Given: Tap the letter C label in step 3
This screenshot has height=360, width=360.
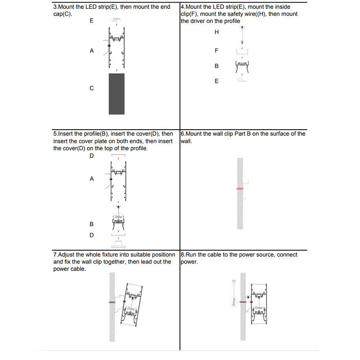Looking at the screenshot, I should tap(92, 88).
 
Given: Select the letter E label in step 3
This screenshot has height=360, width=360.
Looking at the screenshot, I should tap(92, 21).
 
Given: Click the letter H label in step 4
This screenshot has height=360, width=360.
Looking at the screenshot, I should tap(216, 32).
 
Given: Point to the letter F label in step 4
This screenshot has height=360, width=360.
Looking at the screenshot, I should tap(216, 51).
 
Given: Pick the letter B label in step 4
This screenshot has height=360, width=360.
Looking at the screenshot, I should tap(216, 66).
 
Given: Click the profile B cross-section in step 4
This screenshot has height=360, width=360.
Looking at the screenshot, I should tap(242, 67).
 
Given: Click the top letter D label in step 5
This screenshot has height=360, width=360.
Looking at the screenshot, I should tap(92, 156).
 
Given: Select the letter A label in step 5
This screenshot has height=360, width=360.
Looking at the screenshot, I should tap(92, 179).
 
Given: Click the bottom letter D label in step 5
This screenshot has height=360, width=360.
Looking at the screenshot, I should tap(92, 235).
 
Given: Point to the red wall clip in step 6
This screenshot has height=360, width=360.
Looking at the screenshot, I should tap(240, 188).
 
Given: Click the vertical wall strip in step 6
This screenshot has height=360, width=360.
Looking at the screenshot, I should tap(240, 211).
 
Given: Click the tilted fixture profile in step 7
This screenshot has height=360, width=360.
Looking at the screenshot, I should tap(131, 306).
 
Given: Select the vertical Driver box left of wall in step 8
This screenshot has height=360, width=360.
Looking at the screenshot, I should tap(234, 301).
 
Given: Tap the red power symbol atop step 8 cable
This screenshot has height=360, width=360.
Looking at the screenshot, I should tap(233, 282).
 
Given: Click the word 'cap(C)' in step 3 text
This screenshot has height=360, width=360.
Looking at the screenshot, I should tap(62, 14).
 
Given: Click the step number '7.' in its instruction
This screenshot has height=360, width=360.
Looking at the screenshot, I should tap(56, 255).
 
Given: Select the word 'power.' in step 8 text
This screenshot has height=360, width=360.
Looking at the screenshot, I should tap(189, 261).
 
